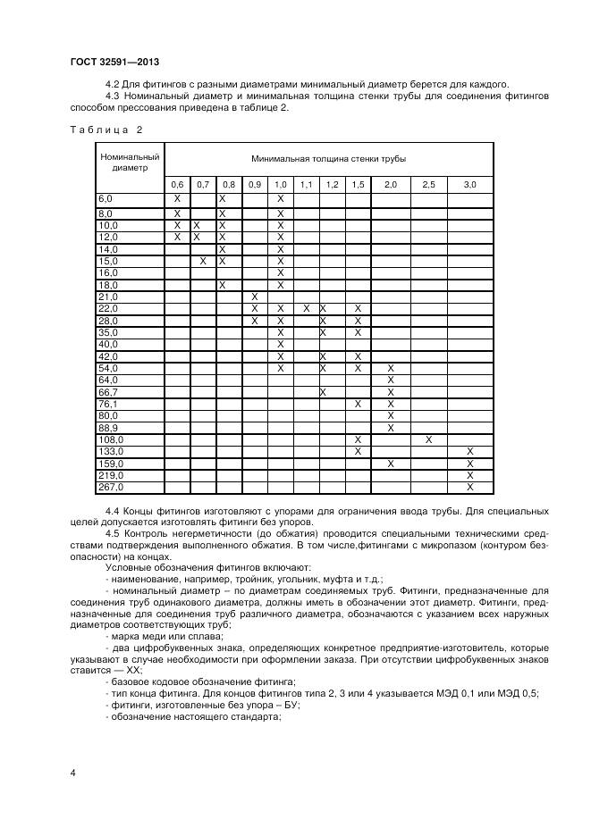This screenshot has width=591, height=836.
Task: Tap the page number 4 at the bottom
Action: click(x=72, y=772)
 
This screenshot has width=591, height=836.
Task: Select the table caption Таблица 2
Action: click(x=106, y=130)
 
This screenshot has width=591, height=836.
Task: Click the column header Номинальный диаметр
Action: click(x=130, y=162)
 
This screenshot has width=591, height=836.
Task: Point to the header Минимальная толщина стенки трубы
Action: click(x=328, y=158)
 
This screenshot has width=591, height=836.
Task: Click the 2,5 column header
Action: click(x=428, y=184)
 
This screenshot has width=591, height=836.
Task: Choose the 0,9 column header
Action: click(x=255, y=184)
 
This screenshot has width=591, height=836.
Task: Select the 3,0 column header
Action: click(x=469, y=184)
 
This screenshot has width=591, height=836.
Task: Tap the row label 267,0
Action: click(x=110, y=487)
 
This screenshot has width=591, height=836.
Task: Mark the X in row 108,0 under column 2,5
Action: click(x=428, y=439)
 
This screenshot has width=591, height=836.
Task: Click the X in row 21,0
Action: click(x=255, y=297)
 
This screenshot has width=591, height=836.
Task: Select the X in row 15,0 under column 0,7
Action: click(x=203, y=261)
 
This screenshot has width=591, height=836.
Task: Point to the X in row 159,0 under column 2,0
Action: click(x=391, y=464)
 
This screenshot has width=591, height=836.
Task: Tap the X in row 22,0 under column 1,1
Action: click(x=306, y=308)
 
